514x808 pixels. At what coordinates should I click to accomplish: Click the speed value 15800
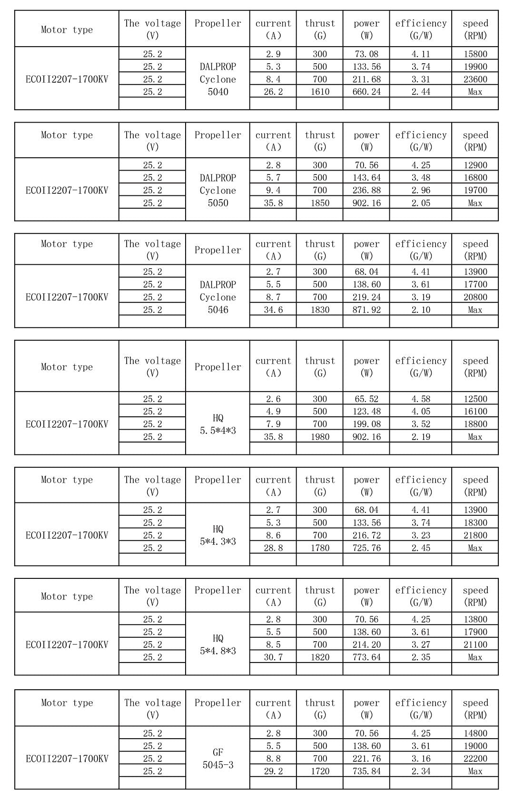coord(475,54)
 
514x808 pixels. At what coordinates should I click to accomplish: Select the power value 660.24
coord(366,92)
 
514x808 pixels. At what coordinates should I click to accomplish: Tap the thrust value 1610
coord(320,92)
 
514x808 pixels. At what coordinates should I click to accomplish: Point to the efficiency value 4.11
coord(421,54)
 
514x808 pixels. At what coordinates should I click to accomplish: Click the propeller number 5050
coord(218,203)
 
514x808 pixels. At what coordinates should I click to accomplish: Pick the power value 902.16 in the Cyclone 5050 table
coord(366,203)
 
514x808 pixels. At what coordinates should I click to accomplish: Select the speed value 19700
coord(475,190)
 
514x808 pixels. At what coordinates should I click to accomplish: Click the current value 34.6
coord(273,310)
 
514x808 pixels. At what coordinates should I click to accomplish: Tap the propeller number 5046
coord(218,310)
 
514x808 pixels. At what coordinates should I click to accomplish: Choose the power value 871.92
coord(366,310)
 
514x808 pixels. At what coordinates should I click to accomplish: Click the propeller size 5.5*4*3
coord(218,431)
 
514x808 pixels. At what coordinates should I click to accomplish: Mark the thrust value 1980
coord(320,437)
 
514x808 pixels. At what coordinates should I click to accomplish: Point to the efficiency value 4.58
coord(421,399)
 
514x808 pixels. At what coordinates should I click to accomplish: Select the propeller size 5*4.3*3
coord(218,541)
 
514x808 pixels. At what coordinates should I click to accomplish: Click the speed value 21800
coord(475,535)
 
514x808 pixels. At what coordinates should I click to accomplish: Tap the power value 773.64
coord(366,657)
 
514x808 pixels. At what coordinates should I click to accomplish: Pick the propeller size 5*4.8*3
coord(218,651)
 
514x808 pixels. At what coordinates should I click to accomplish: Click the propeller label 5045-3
coord(218,765)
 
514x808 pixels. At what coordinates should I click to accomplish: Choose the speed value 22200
coord(475,759)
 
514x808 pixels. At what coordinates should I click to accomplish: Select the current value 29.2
coord(273,771)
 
